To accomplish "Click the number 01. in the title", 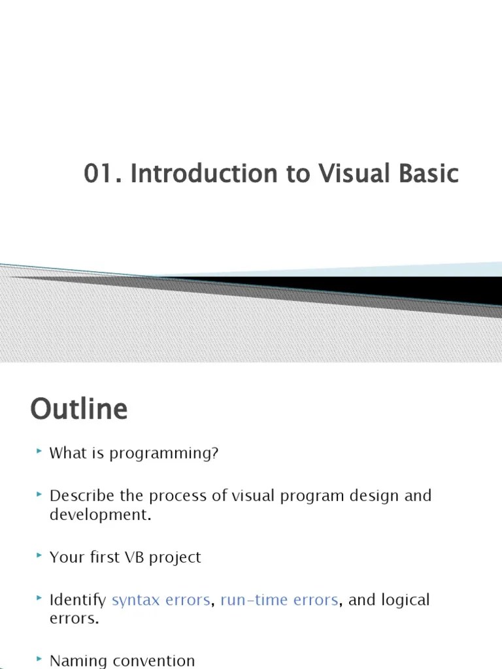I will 103,174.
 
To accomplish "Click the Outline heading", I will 78,410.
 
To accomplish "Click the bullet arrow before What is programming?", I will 39,451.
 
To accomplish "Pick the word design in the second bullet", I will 371,495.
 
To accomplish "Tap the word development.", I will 100,514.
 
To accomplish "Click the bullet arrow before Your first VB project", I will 39,555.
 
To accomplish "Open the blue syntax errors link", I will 161,600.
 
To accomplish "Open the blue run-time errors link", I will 279,600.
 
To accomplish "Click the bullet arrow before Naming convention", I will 39,659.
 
